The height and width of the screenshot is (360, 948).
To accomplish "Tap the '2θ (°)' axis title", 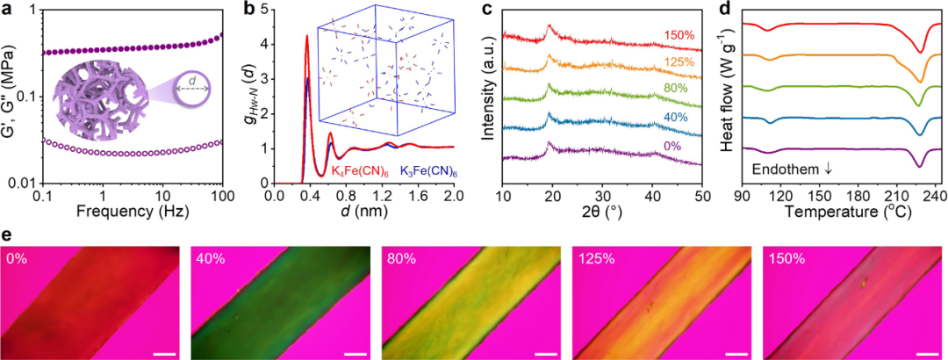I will tap(601, 212).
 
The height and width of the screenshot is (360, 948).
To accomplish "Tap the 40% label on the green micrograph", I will tap(211, 261).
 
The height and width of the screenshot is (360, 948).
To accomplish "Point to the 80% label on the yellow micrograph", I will tap(403, 261).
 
